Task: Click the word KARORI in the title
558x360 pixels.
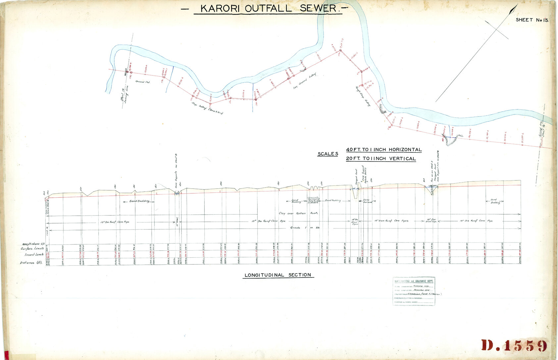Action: pyautogui.click(x=220, y=9)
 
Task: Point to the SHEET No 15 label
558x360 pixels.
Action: pyautogui.click(x=532, y=20)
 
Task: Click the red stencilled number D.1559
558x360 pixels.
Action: pyautogui.click(x=514, y=345)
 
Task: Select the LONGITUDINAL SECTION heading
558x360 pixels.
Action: pyautogui.click(x=278, y=275)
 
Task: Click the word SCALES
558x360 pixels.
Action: pyautogui.click(x=328, y=154)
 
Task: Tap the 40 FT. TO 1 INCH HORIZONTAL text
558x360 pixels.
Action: pyautogui.click(x=384, y=150)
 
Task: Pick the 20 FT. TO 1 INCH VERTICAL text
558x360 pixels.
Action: pyautogui.click(x=381, y=159)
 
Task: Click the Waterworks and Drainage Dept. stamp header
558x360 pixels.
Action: pyautogui.click(x=414, y=281)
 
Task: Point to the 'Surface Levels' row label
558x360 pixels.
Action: pyautogui.click(x=32, y=248)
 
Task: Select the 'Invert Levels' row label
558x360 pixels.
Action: pyautogui.click(x=34, y=255)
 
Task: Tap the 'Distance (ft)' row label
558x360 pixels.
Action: pyautogui.click(x=31, y=263)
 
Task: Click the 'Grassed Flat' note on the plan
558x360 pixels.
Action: pyautogui.click(x=142, y=81)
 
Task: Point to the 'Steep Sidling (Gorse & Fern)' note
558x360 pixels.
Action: pyautogui.click(x=207, y=108)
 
